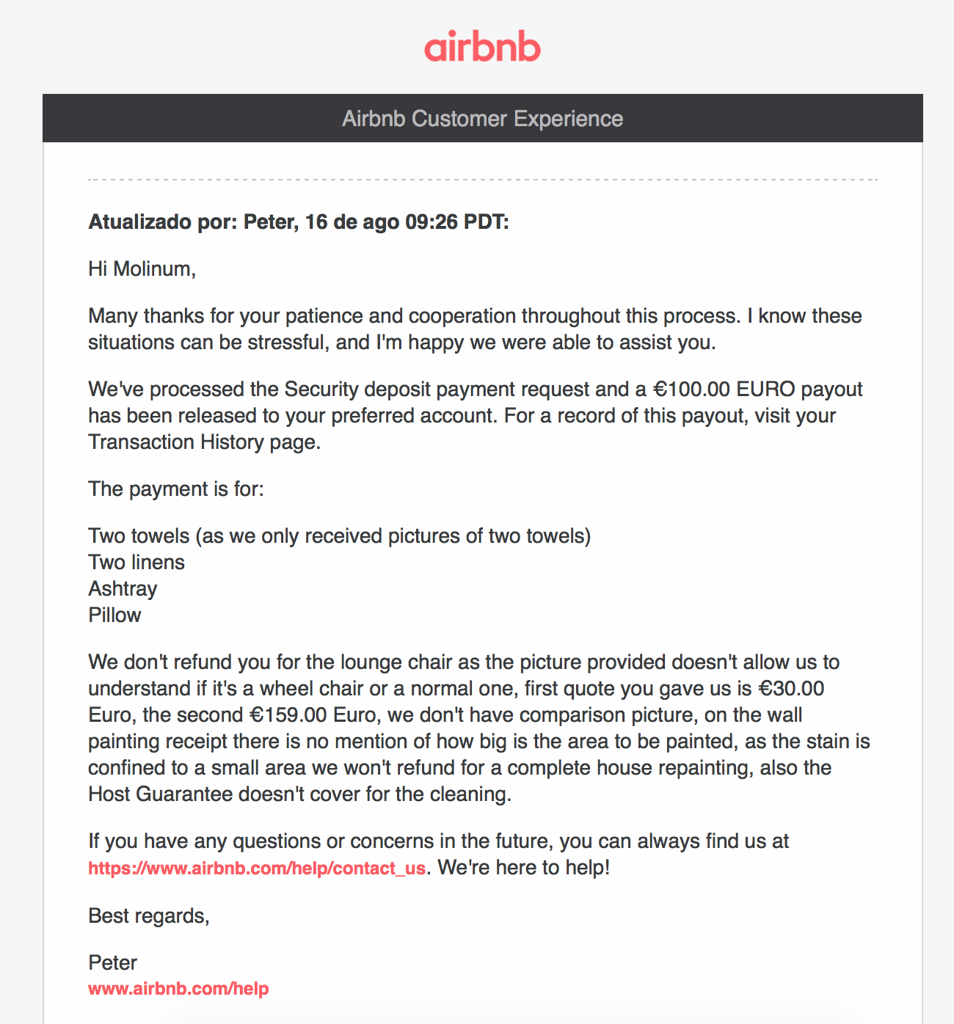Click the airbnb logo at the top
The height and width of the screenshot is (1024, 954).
[x=482, y=46]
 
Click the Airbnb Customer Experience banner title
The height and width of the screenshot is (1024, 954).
[x=482, y=119]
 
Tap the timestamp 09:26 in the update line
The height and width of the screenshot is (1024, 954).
[x=432, y=222]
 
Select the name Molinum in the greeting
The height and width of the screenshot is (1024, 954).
[x=153, y=269]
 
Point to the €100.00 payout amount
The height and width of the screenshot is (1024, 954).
[x=691, y=390]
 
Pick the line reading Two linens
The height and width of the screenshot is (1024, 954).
[x=136, y=563]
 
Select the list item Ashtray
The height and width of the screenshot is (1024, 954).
[x=123, y=589]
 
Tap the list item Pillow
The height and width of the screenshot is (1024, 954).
[x=114, y=615]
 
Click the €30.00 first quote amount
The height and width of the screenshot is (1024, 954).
[x=791, y=689]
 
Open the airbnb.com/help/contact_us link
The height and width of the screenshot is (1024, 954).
[x=257, y=868]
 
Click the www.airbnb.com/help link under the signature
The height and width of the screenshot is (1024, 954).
[x=178, y=989]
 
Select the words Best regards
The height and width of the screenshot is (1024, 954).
[x=148, y=916]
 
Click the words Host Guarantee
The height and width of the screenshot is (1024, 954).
[x=160, y=794]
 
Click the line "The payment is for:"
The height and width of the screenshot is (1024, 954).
[x=176, y=489]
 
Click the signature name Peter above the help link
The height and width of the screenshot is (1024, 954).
[x=113, y=963]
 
